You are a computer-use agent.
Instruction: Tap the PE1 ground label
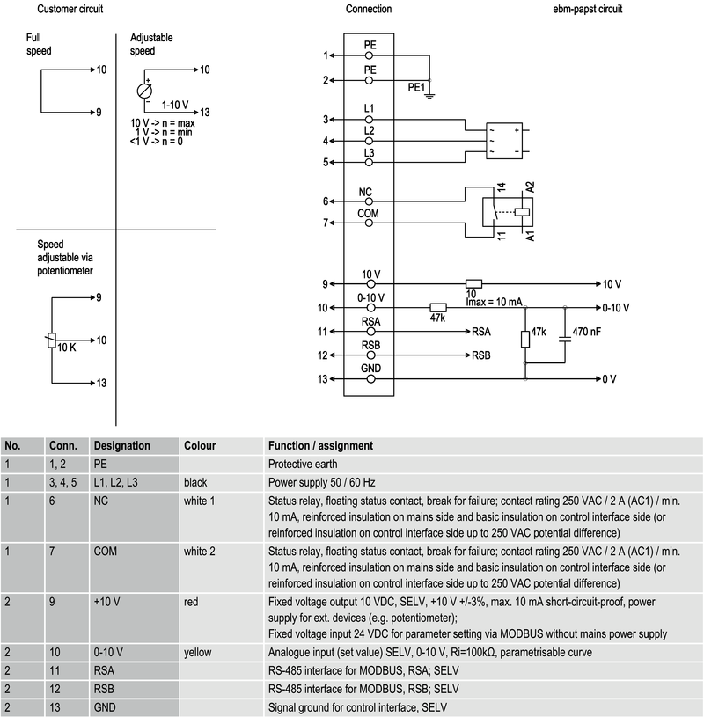(x=415, y=87)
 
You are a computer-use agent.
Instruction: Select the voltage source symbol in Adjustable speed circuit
(x=145, y=91)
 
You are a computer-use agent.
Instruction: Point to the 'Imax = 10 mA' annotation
(x=495, y=301)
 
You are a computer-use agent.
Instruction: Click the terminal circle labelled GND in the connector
(x=370, y=378)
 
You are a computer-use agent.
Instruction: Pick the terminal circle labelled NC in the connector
(x=370, y=201)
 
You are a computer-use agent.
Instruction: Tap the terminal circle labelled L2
(x=370, y=141)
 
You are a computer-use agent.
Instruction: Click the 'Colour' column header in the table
(x=199, y=446)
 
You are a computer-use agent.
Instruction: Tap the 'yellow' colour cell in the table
(x=197, y=652)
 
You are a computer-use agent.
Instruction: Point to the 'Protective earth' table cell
(x=304, y=463)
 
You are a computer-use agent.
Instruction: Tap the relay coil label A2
(x=530, y=187)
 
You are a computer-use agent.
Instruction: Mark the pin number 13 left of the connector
(x=323, y=379)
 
